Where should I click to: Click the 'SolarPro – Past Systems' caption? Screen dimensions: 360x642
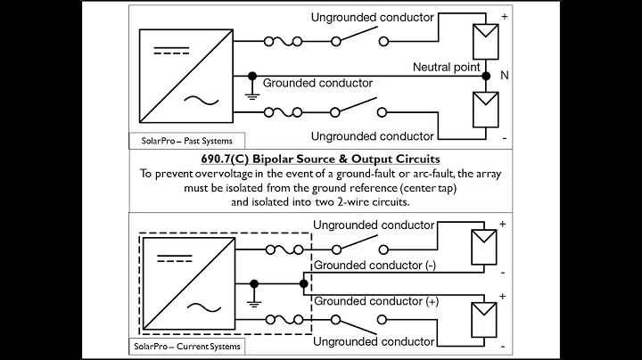click(x=186, y=141)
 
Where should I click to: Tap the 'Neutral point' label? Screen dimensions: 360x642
click(x=447, y=68)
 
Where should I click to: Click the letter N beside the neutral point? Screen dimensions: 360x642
click(x=504, y=78)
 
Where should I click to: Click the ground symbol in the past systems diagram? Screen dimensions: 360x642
click(x=253, y=94)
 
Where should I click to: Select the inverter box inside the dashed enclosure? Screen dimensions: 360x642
click(x=183, y=283)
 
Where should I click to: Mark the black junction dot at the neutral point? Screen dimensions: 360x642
click(x=486, y=78)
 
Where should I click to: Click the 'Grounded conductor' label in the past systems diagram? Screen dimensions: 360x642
click(x=318, y=84)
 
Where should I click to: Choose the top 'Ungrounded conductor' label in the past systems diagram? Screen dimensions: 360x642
click(x=373, y=17)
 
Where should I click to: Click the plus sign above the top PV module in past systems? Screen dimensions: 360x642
click(x=504, y=16)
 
